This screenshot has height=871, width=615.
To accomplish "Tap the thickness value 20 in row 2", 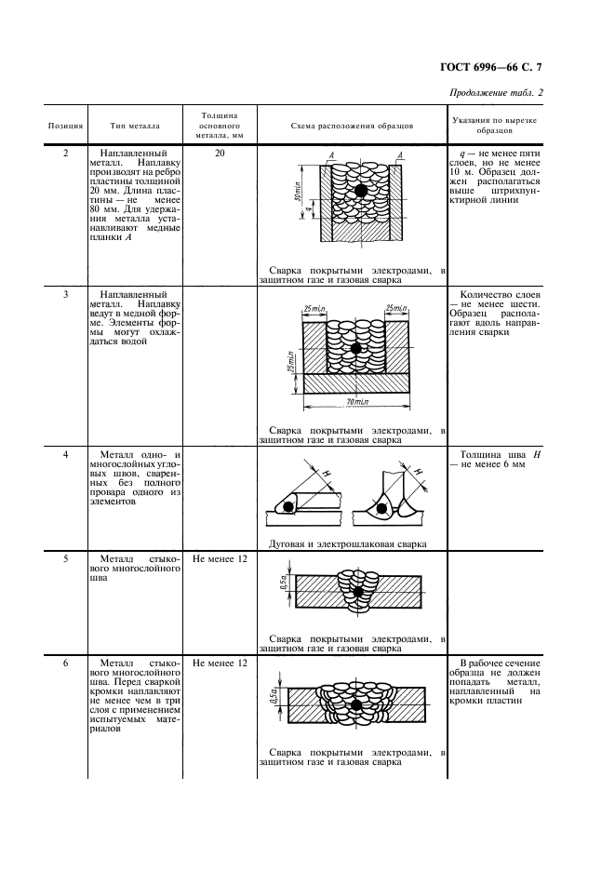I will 220,152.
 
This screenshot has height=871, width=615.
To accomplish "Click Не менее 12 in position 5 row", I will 220,560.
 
